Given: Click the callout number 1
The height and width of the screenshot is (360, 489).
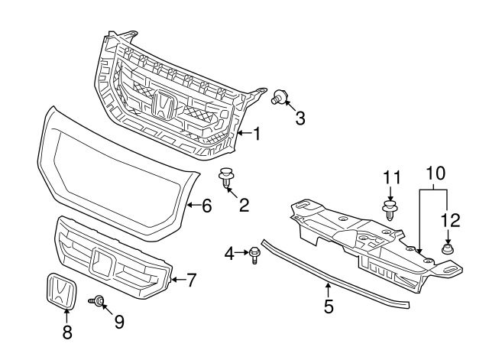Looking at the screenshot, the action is pos(257,134).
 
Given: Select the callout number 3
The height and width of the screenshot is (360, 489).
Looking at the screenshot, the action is pos(300,118).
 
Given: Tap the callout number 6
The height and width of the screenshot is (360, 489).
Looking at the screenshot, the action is pos(207,206).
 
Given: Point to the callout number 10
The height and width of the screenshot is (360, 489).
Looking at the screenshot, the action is pos(436,174).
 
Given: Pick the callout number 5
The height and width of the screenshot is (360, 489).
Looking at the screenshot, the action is pos(329,306).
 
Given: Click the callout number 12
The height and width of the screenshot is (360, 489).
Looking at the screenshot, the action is pos(451,220).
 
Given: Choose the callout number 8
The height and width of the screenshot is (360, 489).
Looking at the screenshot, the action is pos(67,332).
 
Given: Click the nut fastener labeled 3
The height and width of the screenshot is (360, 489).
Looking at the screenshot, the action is pos(279,96).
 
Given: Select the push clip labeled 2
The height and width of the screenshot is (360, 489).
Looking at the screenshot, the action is pos(227,178).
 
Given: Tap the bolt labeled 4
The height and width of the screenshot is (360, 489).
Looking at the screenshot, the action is pos(254,255).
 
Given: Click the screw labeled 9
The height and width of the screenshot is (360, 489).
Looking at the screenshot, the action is pos(96,300).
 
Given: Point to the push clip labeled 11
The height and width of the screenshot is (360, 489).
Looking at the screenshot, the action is pos(390,211).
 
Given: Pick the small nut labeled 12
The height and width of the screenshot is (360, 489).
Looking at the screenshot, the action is pos(448,249).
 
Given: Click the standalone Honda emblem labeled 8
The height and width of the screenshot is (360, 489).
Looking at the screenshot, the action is pos(61,291).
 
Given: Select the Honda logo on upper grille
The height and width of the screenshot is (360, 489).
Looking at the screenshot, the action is pos(164,105).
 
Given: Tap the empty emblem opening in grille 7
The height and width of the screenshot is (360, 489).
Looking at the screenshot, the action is pos(102,264).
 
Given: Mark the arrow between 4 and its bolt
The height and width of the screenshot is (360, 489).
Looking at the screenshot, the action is pos(241,252).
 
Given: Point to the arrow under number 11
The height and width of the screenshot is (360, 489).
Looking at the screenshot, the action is pos(390,193).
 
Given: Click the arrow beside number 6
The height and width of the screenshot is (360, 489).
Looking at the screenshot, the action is pos(193,205).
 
